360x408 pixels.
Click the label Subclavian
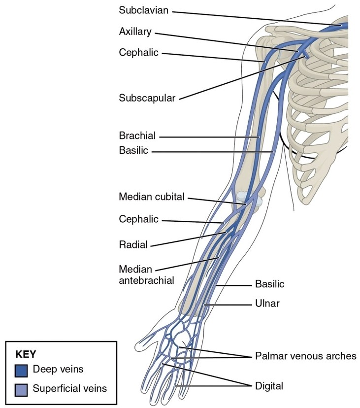(142, 10)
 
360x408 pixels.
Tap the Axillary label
(135, 32)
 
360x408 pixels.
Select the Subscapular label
(147, 98)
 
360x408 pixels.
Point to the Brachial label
(137, 136)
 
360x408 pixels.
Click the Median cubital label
(151, 197)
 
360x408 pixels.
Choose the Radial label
(133, 244)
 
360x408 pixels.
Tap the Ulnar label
(267, 304)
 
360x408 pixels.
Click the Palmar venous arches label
(305, 356)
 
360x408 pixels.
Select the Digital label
(269, 385)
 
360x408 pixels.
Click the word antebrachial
(146, 280)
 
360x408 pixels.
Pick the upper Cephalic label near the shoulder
(139, 52)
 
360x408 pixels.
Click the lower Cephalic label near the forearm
(139, 219)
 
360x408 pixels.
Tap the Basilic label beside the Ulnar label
(269, 284)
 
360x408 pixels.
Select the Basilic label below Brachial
(133, 151)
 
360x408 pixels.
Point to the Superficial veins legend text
(69, 389)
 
